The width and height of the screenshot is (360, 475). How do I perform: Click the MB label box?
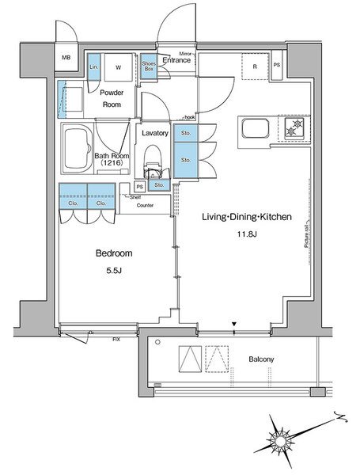(x=67, y=57)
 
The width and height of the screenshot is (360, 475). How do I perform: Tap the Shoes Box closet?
(x=149, y=66)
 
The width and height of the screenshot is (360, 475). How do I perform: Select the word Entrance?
(x=178, y=61)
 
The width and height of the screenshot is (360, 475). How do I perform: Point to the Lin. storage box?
(x=93, y=66)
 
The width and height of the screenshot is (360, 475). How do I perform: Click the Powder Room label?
(x=112, y=98)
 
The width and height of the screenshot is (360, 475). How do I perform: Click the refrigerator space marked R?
(x=255, y=66)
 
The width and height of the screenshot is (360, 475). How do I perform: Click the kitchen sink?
(x=256, y=127)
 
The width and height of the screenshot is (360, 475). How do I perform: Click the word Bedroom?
(x=113, y=253)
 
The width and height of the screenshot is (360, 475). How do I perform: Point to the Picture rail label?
(x=305, y=235)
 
